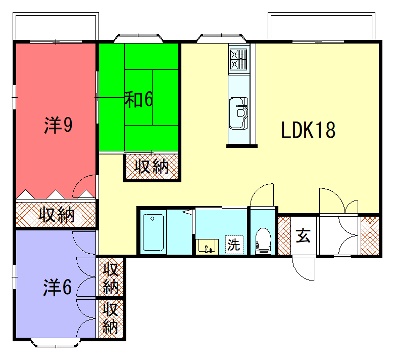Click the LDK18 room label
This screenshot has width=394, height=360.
[x=308, y=130]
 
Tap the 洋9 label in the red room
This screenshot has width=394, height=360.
[x=58, y=125]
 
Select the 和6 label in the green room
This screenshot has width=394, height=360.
[x=139, y=99]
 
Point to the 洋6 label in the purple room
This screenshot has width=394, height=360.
[x=57, y=287]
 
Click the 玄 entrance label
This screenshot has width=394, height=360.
[x=304, y=235]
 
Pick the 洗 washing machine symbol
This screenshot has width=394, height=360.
[x=234, y=244]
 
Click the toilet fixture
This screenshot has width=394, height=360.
[x=264, y=241]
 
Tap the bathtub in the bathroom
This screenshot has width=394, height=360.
[x=153, y=233]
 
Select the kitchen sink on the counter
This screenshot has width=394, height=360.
[x=239, y=113]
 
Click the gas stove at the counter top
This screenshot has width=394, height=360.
[x=239, y=60]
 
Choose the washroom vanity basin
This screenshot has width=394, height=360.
[x=207, y=247]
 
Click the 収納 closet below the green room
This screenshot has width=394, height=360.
[x=152, y=167]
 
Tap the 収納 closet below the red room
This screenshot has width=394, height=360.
[x=56, y=215]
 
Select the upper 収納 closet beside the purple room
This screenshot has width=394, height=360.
[x=110, y=277]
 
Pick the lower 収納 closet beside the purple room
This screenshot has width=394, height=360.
[x=110, y=319]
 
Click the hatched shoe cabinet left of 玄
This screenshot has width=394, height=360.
[x=284, y=236]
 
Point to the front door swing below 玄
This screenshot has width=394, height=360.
[x=304, y=268]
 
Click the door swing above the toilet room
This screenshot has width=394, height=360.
[x=262, y=195]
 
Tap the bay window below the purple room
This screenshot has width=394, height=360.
[x=56, y=343]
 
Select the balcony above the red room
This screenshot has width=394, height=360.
[x=56, y=27]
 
